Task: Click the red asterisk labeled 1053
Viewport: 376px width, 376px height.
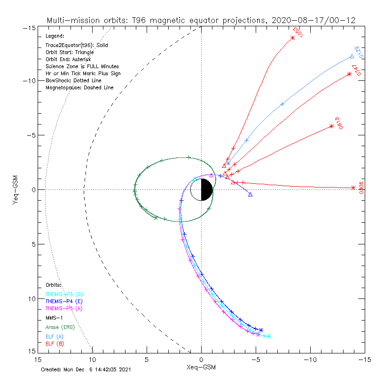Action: (293, 38)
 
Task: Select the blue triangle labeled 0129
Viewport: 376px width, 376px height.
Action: (352, 56)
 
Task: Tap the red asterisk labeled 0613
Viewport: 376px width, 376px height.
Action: (331, 126)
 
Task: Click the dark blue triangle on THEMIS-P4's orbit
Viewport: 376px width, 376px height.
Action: (250, 194)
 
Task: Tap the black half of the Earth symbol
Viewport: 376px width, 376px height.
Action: (207, 189)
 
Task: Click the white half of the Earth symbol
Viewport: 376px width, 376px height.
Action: (196, 189)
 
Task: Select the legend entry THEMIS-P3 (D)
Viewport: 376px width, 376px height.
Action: (64, 294)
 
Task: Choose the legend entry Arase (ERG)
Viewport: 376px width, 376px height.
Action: (60, 327)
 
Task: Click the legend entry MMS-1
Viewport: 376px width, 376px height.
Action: (55, 317)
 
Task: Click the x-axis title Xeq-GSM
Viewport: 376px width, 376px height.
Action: (201, 367)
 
